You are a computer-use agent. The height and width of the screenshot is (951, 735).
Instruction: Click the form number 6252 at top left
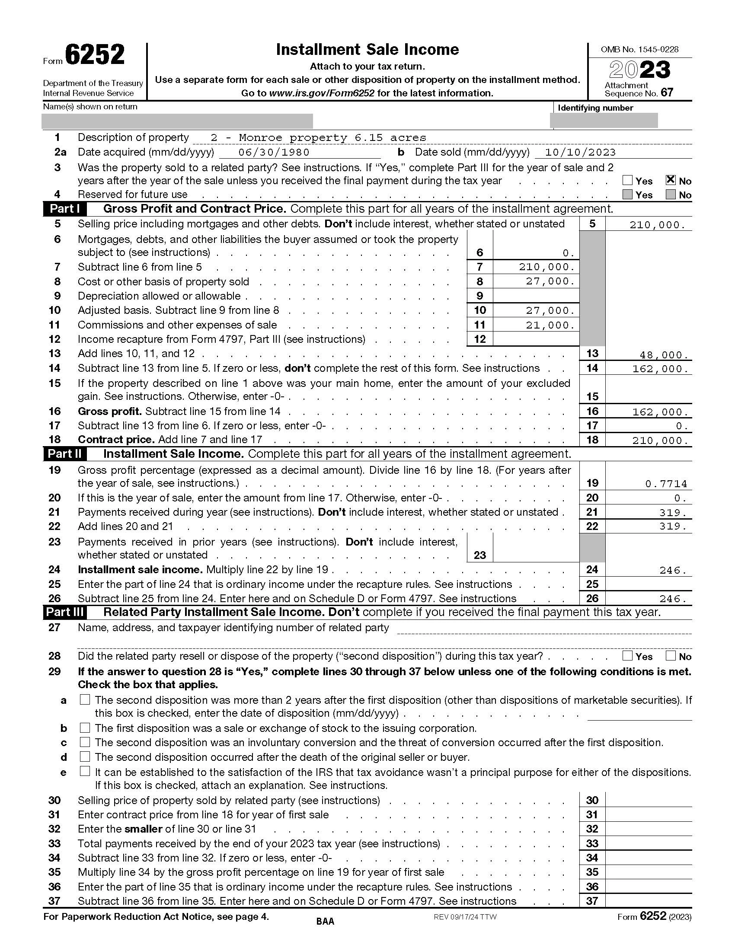[95, 55]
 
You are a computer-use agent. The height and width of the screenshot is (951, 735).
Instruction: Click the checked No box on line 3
[671, 180]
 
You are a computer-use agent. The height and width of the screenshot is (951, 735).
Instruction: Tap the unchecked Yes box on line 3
[627, 180]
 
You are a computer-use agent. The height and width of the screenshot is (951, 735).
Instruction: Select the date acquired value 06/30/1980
[274, 152]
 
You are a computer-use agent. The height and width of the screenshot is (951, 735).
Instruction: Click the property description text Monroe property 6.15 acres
[318, 138]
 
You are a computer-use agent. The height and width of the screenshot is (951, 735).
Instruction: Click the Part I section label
[64, 209]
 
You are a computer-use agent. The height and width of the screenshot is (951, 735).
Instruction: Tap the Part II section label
[64, 454]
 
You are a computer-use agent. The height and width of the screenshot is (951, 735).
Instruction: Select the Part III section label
[64, 612]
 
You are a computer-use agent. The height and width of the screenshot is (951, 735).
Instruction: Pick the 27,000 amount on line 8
[550, 281]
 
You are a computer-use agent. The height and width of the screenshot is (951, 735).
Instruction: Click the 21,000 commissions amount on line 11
[550, 325]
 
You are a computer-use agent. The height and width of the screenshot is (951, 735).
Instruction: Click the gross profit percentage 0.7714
[666, 484]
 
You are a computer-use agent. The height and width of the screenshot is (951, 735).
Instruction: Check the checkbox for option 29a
[85, 700]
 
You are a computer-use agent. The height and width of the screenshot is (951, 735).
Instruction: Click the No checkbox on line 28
[671, 655]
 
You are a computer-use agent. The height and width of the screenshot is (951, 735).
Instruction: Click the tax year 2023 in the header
[639, 70]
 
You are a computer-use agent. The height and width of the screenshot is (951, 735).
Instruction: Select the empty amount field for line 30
[648, 800]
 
